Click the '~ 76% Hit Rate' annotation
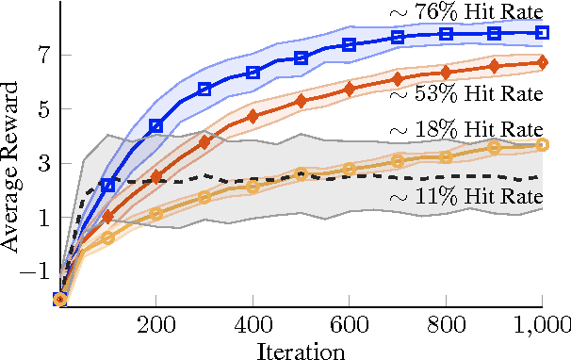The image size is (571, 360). (465, 12)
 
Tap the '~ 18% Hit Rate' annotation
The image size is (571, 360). (465, 130)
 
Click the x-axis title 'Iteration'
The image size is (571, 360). (301, 350)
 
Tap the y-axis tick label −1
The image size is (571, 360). (39, 272)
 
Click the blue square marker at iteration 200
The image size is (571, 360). (156, 125)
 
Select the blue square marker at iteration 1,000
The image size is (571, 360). (543, 32)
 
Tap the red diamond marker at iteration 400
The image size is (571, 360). (253, 116)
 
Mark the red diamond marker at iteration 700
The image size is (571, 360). (398, 78)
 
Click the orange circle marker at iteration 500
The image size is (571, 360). (301, 174)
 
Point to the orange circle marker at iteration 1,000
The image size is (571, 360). (543, 144)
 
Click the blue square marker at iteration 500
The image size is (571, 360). (301, 58)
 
